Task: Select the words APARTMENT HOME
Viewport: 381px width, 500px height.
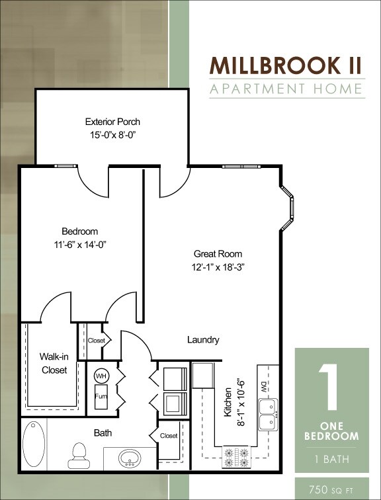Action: pyautogui.click(x=287, y=89)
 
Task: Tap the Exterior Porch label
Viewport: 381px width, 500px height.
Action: pyautogui.click(x=112, y=122)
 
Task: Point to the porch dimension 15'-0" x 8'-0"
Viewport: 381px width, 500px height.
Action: pyautogui.click(x=112, y=135)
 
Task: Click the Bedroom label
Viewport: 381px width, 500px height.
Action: pyautogui.click(x=79, y=231)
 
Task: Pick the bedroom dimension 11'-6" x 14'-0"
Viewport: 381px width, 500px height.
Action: pyautogui.click(x=79, y=244)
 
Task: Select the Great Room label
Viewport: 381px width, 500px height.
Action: pyautogui.click(x=218, y=254)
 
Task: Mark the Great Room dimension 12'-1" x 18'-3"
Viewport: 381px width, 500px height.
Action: pyautogui.click(x=218, y=267)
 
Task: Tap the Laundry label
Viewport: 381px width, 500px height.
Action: pyautogui.click(x=203, y=340)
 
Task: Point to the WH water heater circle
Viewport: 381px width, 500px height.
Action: pyautogui.click(x=101, y=374)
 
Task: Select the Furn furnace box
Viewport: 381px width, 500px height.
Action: pyautogui.click(x=101, y=397)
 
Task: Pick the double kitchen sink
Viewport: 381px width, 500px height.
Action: pyautogui.click(x=268, y=414)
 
